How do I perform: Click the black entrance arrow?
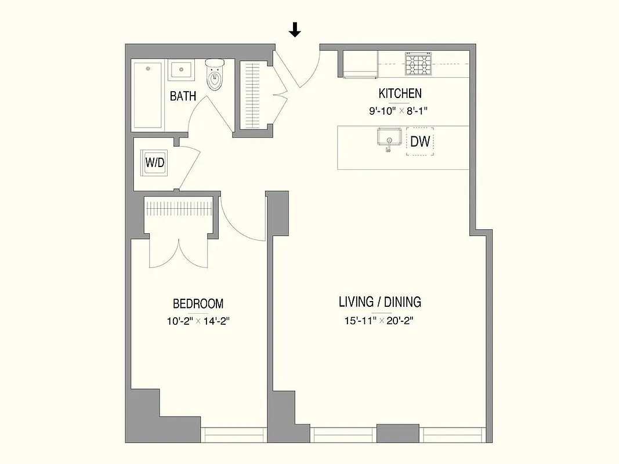295,30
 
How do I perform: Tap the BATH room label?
183,96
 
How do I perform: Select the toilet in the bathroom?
215,75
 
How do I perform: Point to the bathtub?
148,96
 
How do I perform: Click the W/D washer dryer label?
154,163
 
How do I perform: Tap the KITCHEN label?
400,93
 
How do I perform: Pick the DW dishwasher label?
420,142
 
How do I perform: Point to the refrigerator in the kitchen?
360,64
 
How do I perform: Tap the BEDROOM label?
198,303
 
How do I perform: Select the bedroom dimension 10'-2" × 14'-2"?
198,321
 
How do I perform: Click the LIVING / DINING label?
380,302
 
